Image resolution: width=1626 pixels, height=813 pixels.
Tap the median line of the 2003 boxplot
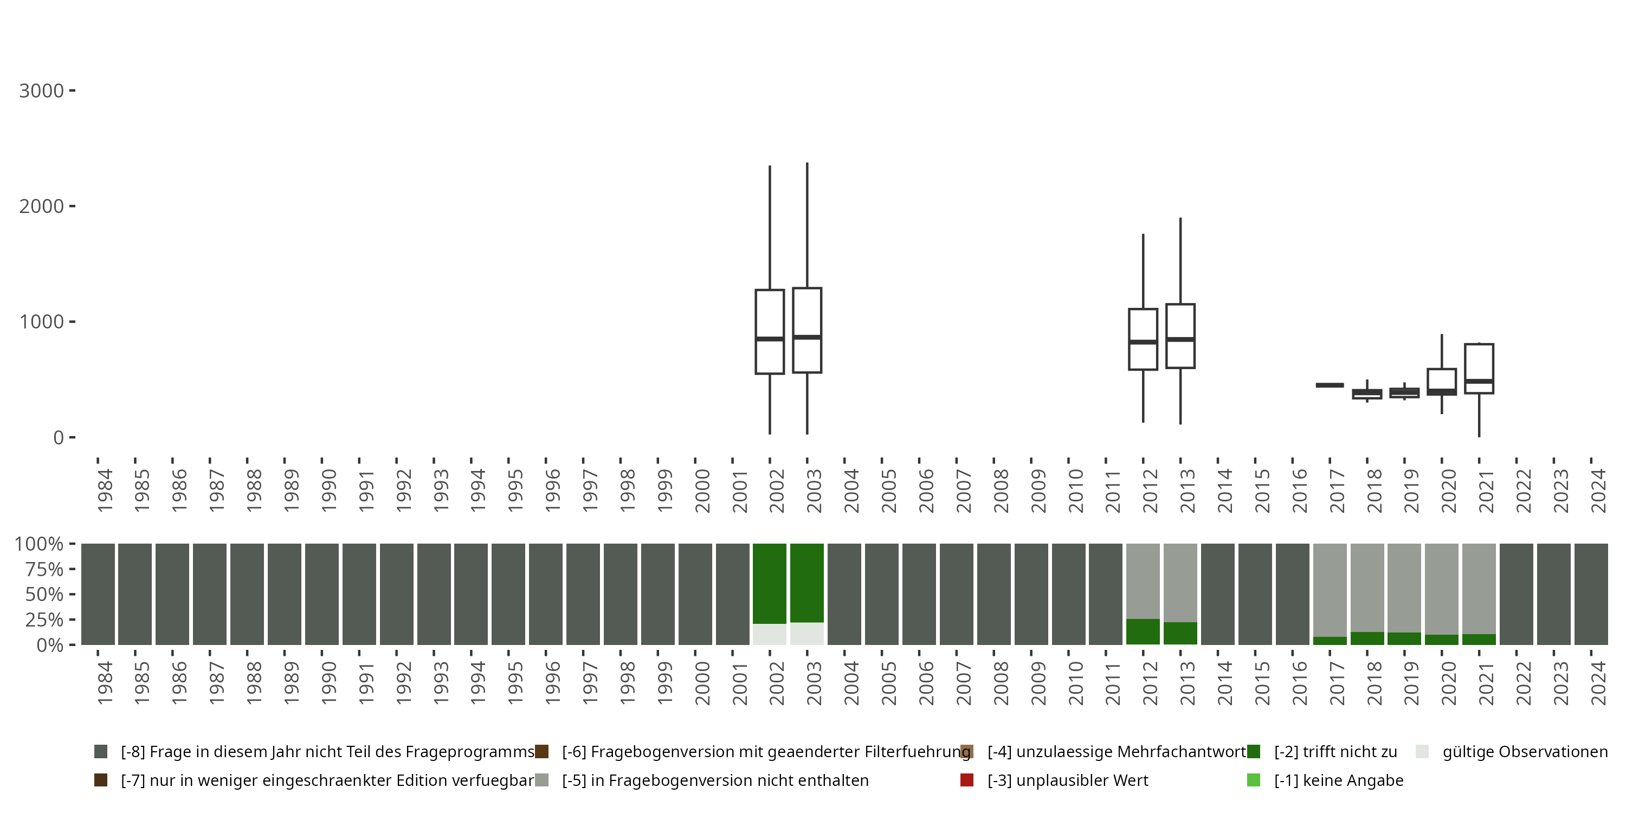[x=806, y=337]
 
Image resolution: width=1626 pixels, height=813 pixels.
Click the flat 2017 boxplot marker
[x=1330, y=385]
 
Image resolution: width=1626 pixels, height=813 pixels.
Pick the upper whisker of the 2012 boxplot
[x=1143, y=272]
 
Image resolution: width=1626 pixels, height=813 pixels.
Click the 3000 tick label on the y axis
[x=42, y=91]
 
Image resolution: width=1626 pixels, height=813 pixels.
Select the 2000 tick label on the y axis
[x=42, y=207]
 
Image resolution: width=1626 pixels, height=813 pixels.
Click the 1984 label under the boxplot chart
[x=105, y=491]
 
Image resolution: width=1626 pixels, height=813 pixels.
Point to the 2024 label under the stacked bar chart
[x=1598, y=683]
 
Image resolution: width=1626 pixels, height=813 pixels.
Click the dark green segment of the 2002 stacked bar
[x=770, y=583]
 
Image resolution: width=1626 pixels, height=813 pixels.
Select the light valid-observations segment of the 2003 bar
[x=806, y=634]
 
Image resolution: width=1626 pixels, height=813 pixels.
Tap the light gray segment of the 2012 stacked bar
[x=1143, y=580]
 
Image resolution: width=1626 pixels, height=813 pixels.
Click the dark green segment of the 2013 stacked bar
[x=1180, y=633]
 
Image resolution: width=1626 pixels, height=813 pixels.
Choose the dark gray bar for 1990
[x=321, y=594]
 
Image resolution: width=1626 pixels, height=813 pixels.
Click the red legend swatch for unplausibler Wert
[x=966, y=780]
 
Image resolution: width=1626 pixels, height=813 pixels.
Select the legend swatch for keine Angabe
[x=1254, y=780]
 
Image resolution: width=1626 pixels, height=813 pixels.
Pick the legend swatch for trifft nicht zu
[x=1254, y=752]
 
